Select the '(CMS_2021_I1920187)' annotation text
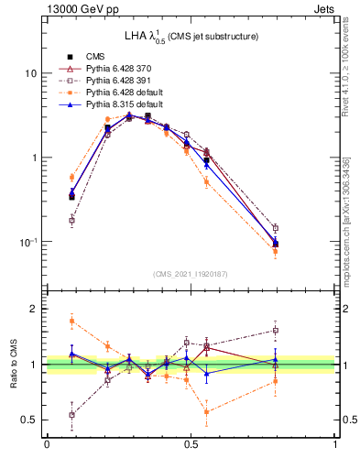coord(191,273)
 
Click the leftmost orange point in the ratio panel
coord(71,320)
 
